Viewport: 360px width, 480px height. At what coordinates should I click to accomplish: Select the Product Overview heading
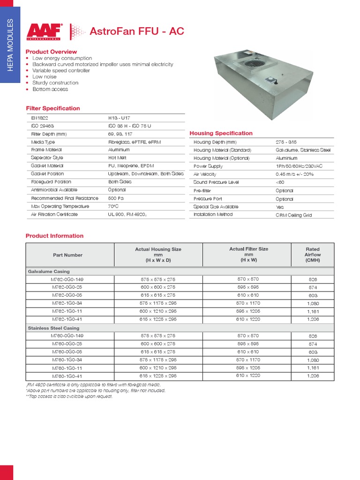pos(51,52)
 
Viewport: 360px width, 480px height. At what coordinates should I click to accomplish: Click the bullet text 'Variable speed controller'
pos(61,70)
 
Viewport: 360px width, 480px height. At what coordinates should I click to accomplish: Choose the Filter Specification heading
pos(52,108)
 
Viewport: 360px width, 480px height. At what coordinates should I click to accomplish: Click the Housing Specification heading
pos(221,134)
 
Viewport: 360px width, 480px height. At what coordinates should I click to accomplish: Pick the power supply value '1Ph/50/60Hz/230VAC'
pos(300,166)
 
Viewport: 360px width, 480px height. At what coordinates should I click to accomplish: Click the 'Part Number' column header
pos(67,255)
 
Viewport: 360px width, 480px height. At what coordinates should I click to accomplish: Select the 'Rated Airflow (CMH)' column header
pos(312,255)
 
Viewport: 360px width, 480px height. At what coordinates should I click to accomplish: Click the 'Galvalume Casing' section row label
pos(49,271)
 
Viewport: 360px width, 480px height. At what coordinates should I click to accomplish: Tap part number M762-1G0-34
pos(67,303)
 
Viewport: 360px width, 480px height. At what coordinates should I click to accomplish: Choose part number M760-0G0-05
pos(67,352)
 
